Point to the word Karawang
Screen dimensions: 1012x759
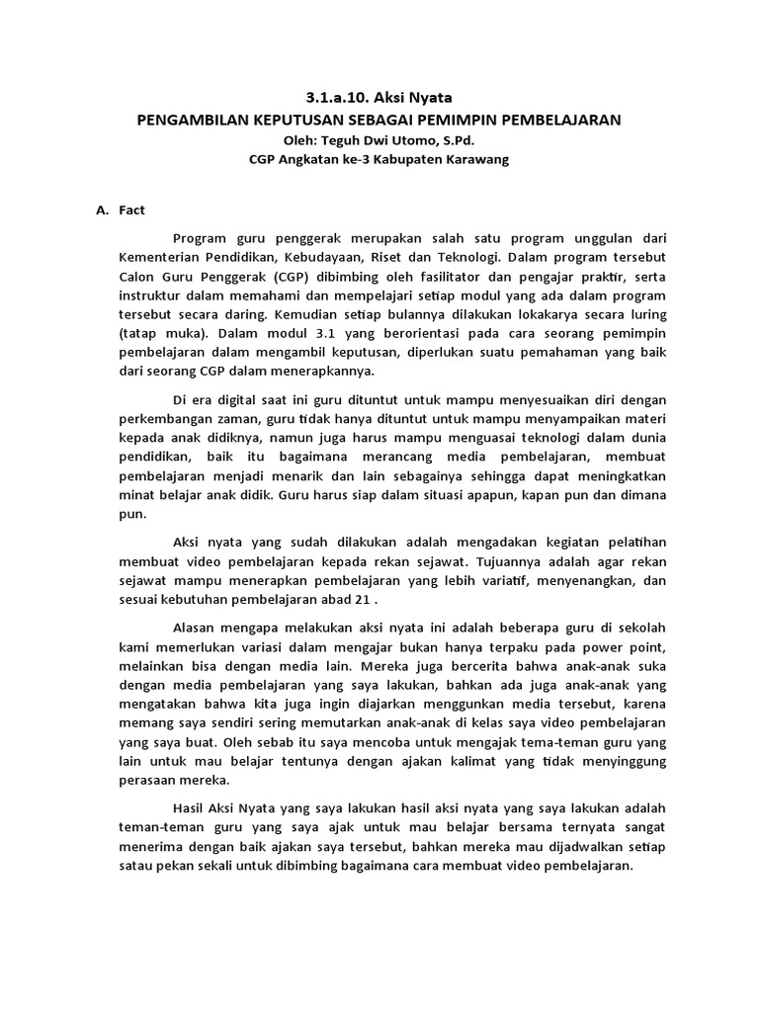click(475, 160)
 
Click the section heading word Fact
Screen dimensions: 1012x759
click(132, 210)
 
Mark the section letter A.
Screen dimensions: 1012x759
click(101, 210)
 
